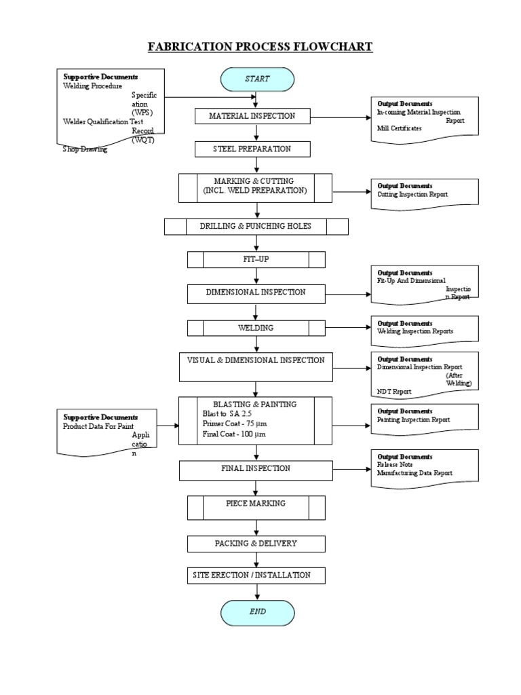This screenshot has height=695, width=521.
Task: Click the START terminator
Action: [x=257, y=79]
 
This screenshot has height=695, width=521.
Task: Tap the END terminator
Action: [x=257, y=612]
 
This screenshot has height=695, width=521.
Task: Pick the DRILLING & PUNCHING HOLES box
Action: [x=256, y=226]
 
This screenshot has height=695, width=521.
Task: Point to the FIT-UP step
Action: [x=256, y=259]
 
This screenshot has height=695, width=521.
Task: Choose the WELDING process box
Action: [x=256, y=328]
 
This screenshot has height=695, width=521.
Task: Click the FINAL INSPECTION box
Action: [x=255, y=468]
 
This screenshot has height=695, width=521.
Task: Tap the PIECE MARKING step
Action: [x=255, y=504]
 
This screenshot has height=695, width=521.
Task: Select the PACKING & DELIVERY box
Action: [x=255, y=544]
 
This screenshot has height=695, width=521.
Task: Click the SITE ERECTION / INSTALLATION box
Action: [x=255, y=575]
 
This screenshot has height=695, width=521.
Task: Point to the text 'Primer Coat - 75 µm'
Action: [x=231, y=423]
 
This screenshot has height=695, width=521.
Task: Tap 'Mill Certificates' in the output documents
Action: [x=399, y=128]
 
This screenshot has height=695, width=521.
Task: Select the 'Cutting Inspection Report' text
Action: [x=412, y=194]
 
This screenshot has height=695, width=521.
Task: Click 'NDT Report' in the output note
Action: [x=393, y=392]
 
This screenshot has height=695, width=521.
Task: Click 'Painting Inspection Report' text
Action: [x=413, y=419]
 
